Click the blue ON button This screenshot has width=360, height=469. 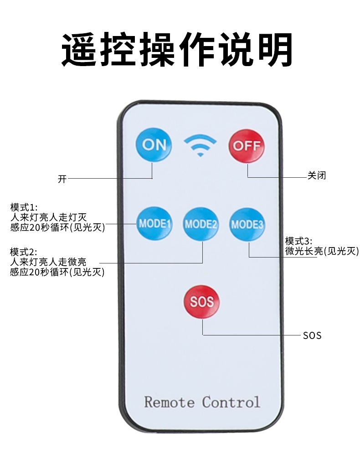point(154,145)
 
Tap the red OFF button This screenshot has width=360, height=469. point(247,146)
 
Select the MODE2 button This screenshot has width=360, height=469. point(201,224)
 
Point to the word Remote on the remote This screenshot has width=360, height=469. point(169,402)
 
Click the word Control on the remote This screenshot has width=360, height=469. point(231,402)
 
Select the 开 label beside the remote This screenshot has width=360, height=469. point(62,179)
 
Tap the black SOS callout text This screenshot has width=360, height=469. point(312,335)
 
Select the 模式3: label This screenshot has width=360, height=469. point(299,241)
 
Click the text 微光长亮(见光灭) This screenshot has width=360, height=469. point(322,251)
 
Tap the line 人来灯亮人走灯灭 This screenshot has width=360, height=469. point(48,216)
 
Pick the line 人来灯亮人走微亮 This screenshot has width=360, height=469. point(48,262)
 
